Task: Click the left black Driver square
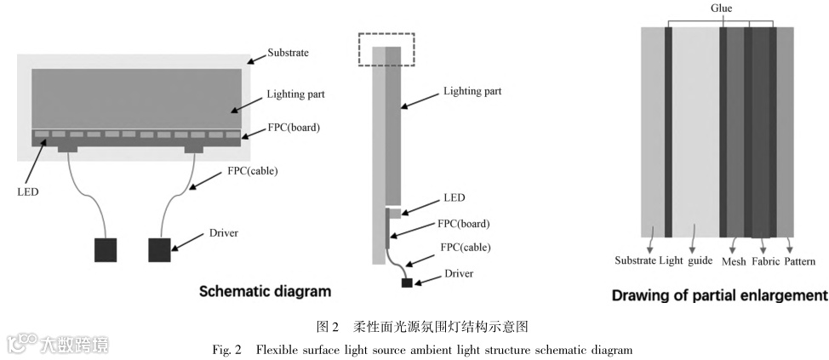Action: (105, 250)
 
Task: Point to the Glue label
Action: (721, 9)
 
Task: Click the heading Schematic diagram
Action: (265, 292)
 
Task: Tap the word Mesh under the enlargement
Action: (734, 261)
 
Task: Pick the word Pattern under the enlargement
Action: (800, 261)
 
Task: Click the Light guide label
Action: (687, 261)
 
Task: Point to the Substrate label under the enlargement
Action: (635, 261)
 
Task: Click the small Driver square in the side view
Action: (407, 282)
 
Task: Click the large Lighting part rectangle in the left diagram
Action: (136, 97)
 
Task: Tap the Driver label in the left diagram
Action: (223, 233)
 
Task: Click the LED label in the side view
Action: (454, 198)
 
